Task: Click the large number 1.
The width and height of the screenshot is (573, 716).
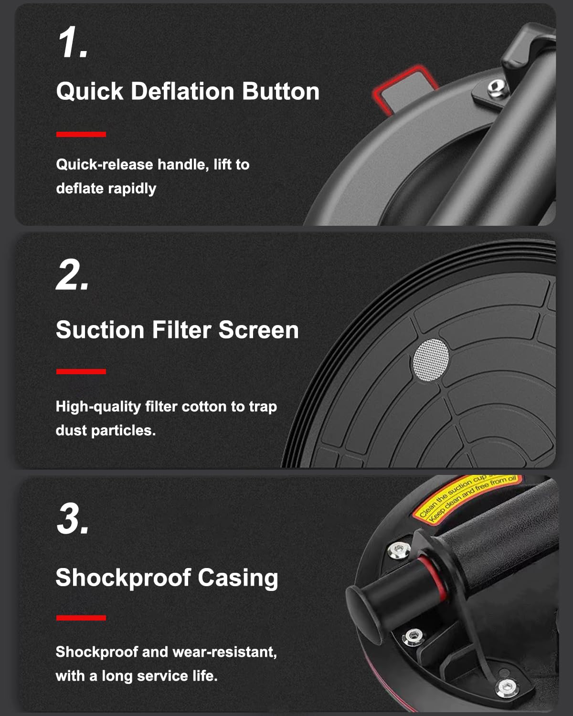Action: tap(72, 42)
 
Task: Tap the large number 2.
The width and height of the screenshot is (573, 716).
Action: tap(72, 275)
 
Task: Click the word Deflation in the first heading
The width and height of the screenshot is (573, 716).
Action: tap(183, 91)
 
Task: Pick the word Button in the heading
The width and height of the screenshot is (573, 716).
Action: tap(281, 91)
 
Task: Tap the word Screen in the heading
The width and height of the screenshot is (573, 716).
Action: tap(259, 330)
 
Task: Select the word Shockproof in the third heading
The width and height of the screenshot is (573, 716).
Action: tap(123, 578)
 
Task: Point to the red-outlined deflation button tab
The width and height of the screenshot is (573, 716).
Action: tap(404, 90)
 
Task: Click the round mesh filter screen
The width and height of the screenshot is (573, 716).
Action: tap(431, 359)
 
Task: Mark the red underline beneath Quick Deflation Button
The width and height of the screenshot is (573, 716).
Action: tap(81, 135)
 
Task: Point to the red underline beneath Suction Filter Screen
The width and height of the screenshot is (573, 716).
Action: tap(81, 372)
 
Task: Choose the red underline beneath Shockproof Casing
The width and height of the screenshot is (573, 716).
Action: tap(81, 618)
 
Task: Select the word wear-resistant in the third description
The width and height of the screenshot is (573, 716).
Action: tap(224, 652)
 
